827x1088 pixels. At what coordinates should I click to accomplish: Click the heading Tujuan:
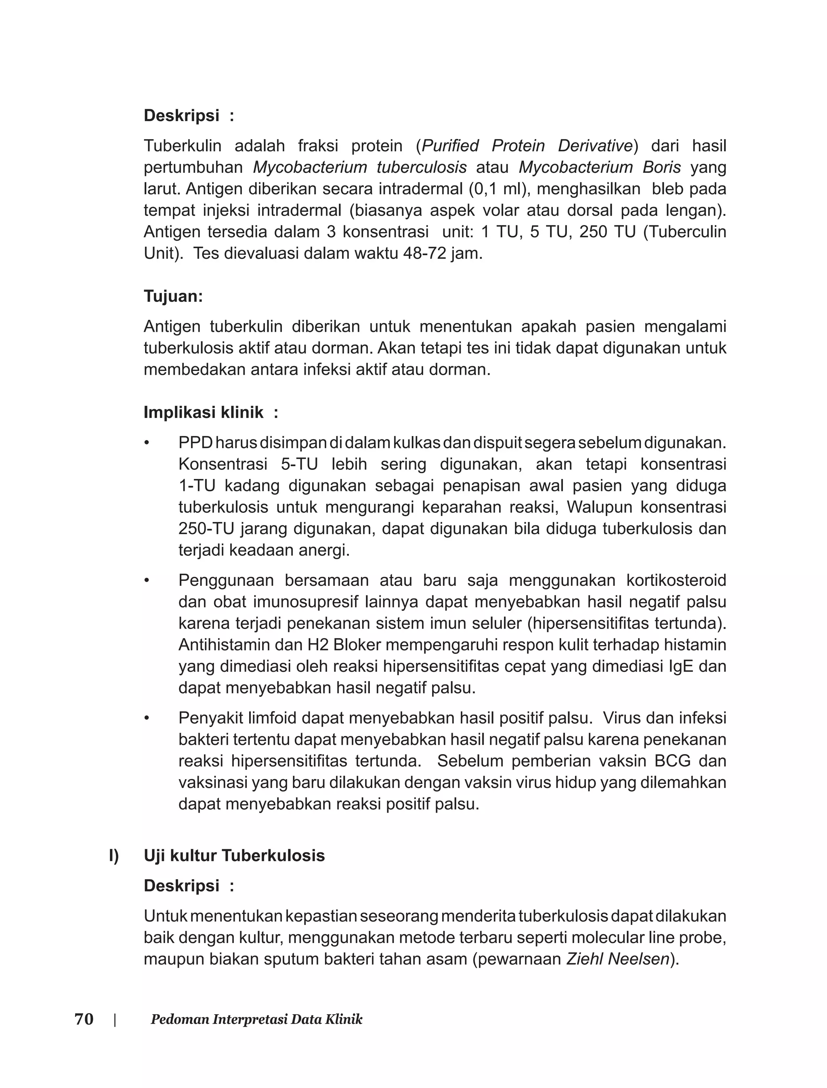coord(173,296)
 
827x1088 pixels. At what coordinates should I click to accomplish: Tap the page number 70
coord(84,1019)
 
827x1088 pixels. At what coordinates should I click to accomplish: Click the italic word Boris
coord(661,168)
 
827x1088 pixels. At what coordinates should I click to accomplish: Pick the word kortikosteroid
coord(676,581)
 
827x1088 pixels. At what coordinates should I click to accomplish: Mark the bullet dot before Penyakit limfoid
coord(146,719)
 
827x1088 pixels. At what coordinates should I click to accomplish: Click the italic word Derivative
coord(595,146)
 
